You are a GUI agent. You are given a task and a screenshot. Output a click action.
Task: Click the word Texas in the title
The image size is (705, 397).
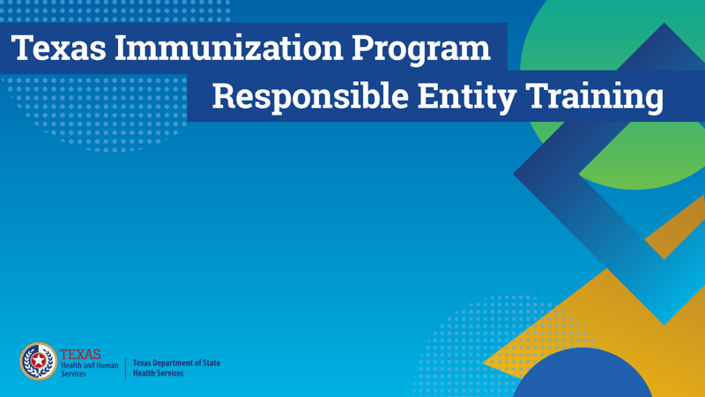58,48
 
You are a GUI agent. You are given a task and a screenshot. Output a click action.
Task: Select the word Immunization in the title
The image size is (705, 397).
229,48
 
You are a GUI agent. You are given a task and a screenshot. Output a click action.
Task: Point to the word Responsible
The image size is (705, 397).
310,98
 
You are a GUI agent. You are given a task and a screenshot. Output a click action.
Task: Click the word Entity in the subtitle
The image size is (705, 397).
467,98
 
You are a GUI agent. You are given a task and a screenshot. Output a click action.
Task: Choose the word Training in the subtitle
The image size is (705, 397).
594,98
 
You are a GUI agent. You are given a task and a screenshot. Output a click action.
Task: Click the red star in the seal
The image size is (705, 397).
39,361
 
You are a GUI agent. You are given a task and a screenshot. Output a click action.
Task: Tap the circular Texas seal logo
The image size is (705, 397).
39,361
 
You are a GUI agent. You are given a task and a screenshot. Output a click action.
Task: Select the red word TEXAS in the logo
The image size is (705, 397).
80,355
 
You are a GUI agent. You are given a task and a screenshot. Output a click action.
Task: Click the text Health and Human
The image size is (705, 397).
90,365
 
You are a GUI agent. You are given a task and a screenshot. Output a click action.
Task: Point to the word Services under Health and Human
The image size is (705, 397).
73,373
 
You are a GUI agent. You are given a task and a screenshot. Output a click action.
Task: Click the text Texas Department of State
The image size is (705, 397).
177,363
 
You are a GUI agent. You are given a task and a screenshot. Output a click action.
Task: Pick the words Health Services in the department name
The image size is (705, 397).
159,373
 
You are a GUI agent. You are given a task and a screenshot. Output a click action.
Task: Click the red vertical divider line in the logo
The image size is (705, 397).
125,368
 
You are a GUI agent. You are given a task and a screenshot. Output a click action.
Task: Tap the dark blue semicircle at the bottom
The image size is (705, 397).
583,373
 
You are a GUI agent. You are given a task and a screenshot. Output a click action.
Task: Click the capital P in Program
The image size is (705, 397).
362,49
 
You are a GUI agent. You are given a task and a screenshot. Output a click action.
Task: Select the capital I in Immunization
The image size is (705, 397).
122,49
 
